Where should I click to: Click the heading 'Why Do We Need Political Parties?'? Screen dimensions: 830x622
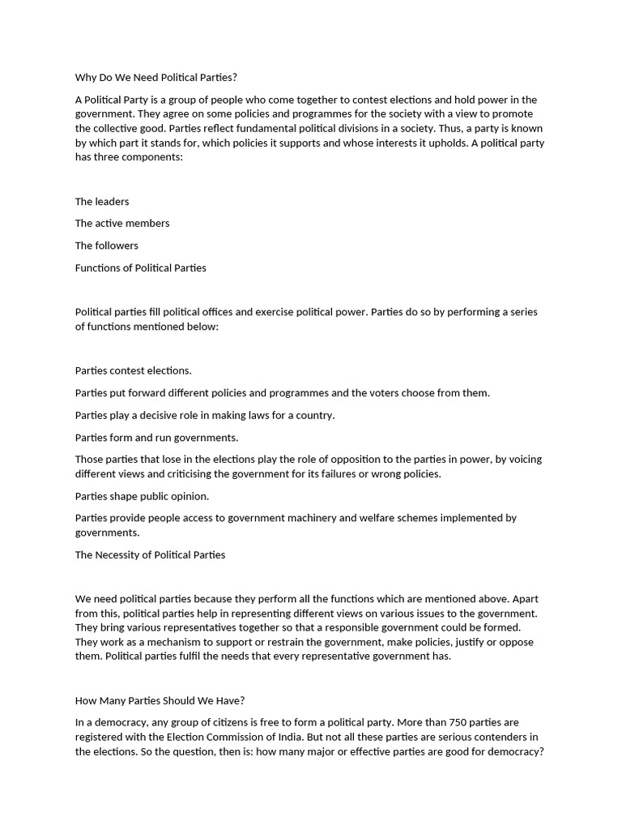156,78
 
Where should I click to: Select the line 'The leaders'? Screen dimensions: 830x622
102,201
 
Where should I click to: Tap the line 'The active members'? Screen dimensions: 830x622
122,223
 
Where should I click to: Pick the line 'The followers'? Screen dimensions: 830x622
107,246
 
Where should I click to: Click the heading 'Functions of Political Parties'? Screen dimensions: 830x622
141,267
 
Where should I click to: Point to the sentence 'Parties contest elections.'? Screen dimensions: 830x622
134,370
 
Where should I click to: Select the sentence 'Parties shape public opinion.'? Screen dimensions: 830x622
142,496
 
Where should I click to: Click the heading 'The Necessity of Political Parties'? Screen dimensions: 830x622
150,555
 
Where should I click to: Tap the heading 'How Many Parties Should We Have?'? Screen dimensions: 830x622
160,700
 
